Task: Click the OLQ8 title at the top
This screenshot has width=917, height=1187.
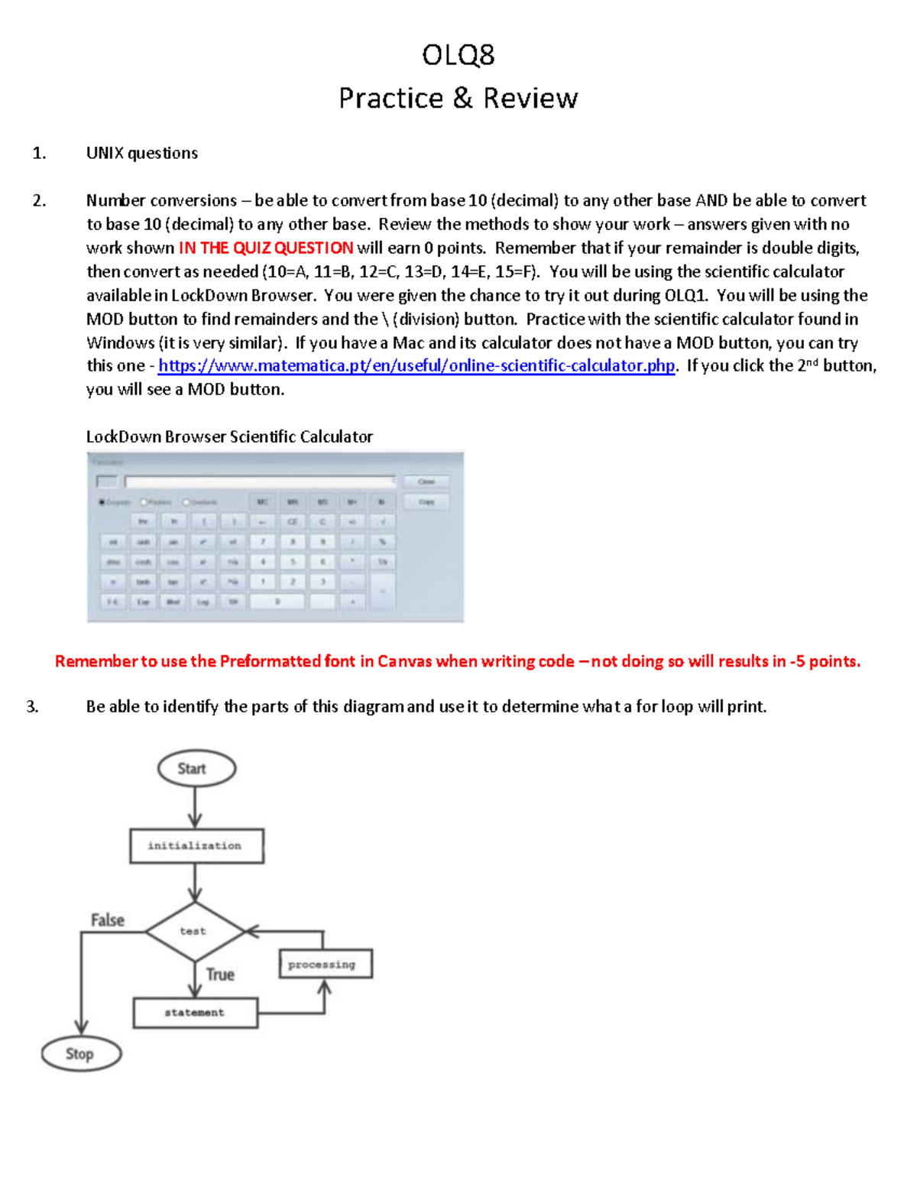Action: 458,55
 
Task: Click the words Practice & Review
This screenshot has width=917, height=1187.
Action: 458,99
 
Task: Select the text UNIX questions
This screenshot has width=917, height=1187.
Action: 141,153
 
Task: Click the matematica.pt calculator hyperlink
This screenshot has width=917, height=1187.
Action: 416,365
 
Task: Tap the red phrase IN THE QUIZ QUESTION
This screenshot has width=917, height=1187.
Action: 265,248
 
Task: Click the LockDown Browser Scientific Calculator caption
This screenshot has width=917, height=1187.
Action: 229,436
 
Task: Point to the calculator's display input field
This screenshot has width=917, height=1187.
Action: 260,481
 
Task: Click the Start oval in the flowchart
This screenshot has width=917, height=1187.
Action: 196,768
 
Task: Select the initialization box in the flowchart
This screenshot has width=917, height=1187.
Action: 196,846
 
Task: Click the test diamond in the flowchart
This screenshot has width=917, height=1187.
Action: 194,931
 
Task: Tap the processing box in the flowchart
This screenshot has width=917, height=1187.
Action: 326,964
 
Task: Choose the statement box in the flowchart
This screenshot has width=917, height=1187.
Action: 196,1013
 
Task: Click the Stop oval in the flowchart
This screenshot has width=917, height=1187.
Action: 81,1054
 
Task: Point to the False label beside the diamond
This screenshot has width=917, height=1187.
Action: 107,919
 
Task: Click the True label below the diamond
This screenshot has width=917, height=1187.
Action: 220,975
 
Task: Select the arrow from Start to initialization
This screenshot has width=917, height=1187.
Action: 196,807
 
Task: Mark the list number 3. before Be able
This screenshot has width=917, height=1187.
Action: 32,706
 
